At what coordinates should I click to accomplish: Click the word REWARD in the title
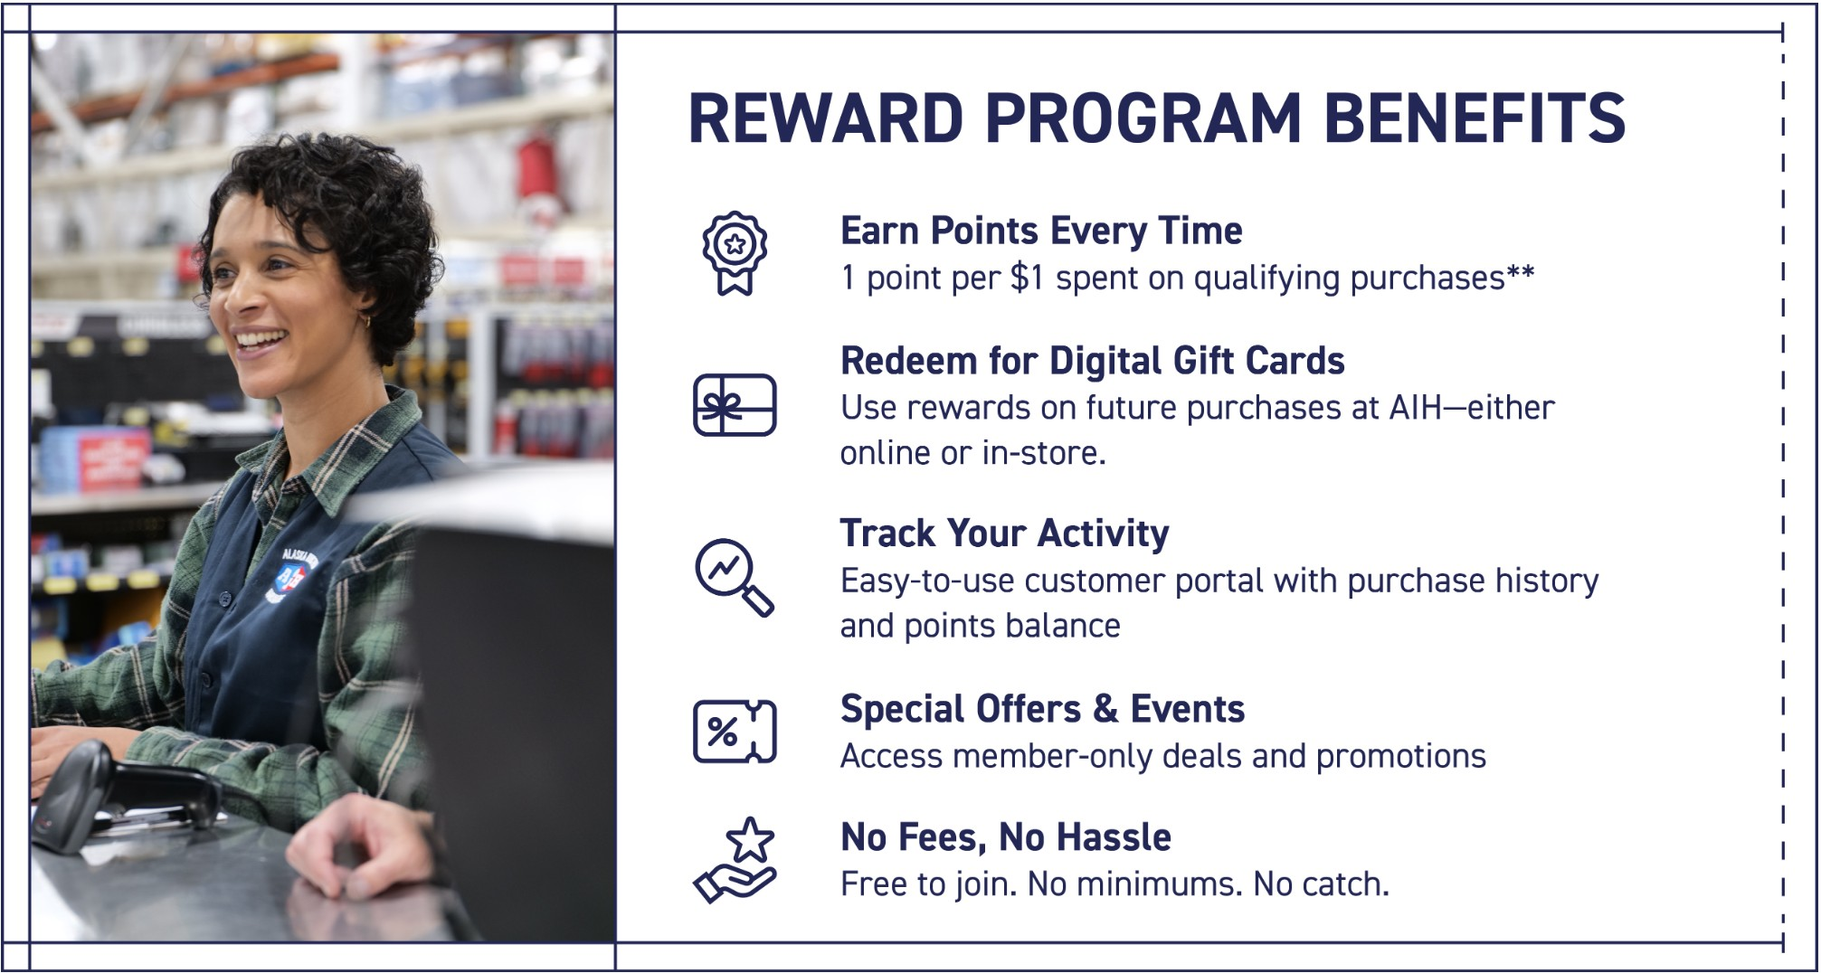pyautogui.click(x=826, y=118)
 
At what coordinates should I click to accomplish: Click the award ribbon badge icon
pyautogui.click(x=735, y=253)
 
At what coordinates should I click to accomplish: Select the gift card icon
pyautogui.click(x=735, y=405)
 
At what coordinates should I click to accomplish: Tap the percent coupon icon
pyautogui.click(x=735, y=731)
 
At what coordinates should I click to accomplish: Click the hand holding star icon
pyautogui.click(x=735, y=859)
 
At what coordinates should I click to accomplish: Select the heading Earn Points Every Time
pyautogui.click(x=1041, y=231)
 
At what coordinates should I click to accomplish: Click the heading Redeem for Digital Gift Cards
pyautogui.click(x=1093, y=361)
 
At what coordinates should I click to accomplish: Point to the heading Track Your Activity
pyautogui.click(x=1004, y=534)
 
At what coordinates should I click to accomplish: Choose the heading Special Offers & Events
pyautogui.click(x=1042, y=709)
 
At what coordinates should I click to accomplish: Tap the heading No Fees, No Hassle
pyautogui.click(x=1006, y=837)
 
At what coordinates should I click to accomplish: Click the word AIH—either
pyautogui.click(x=1471, y=408)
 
